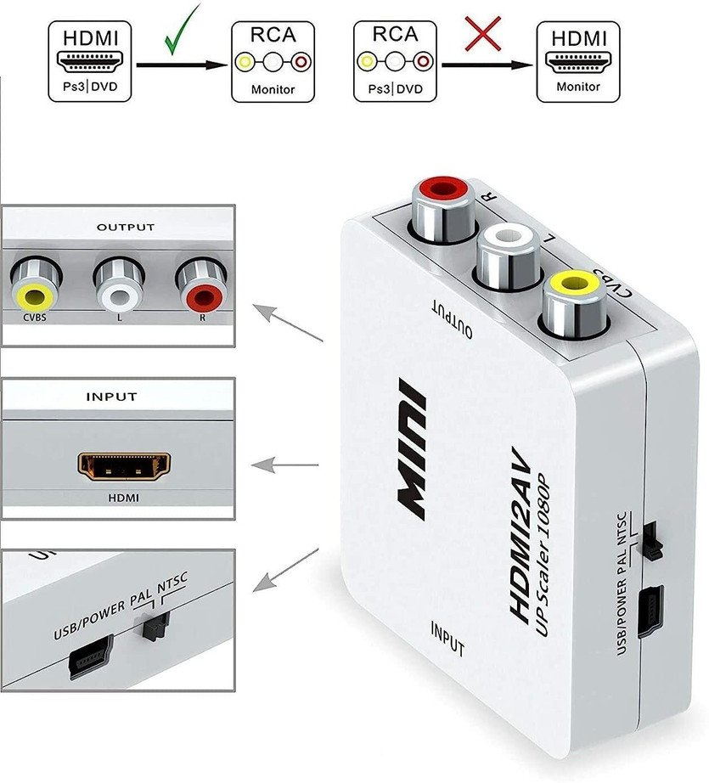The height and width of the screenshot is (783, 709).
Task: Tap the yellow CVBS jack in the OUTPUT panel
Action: pyautogui.click(x=35, y=296)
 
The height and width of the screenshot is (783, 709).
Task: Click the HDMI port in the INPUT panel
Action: pyautogui.click(x=124, y=465)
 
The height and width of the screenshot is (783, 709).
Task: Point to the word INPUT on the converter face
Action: pyautogui.click(x=447, y=639)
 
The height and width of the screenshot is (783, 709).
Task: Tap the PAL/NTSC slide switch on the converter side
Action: pyautogui.click(x=652, y=540)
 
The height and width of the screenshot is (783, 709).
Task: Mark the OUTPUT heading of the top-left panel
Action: pyautogui.click(x=125, y=228)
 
